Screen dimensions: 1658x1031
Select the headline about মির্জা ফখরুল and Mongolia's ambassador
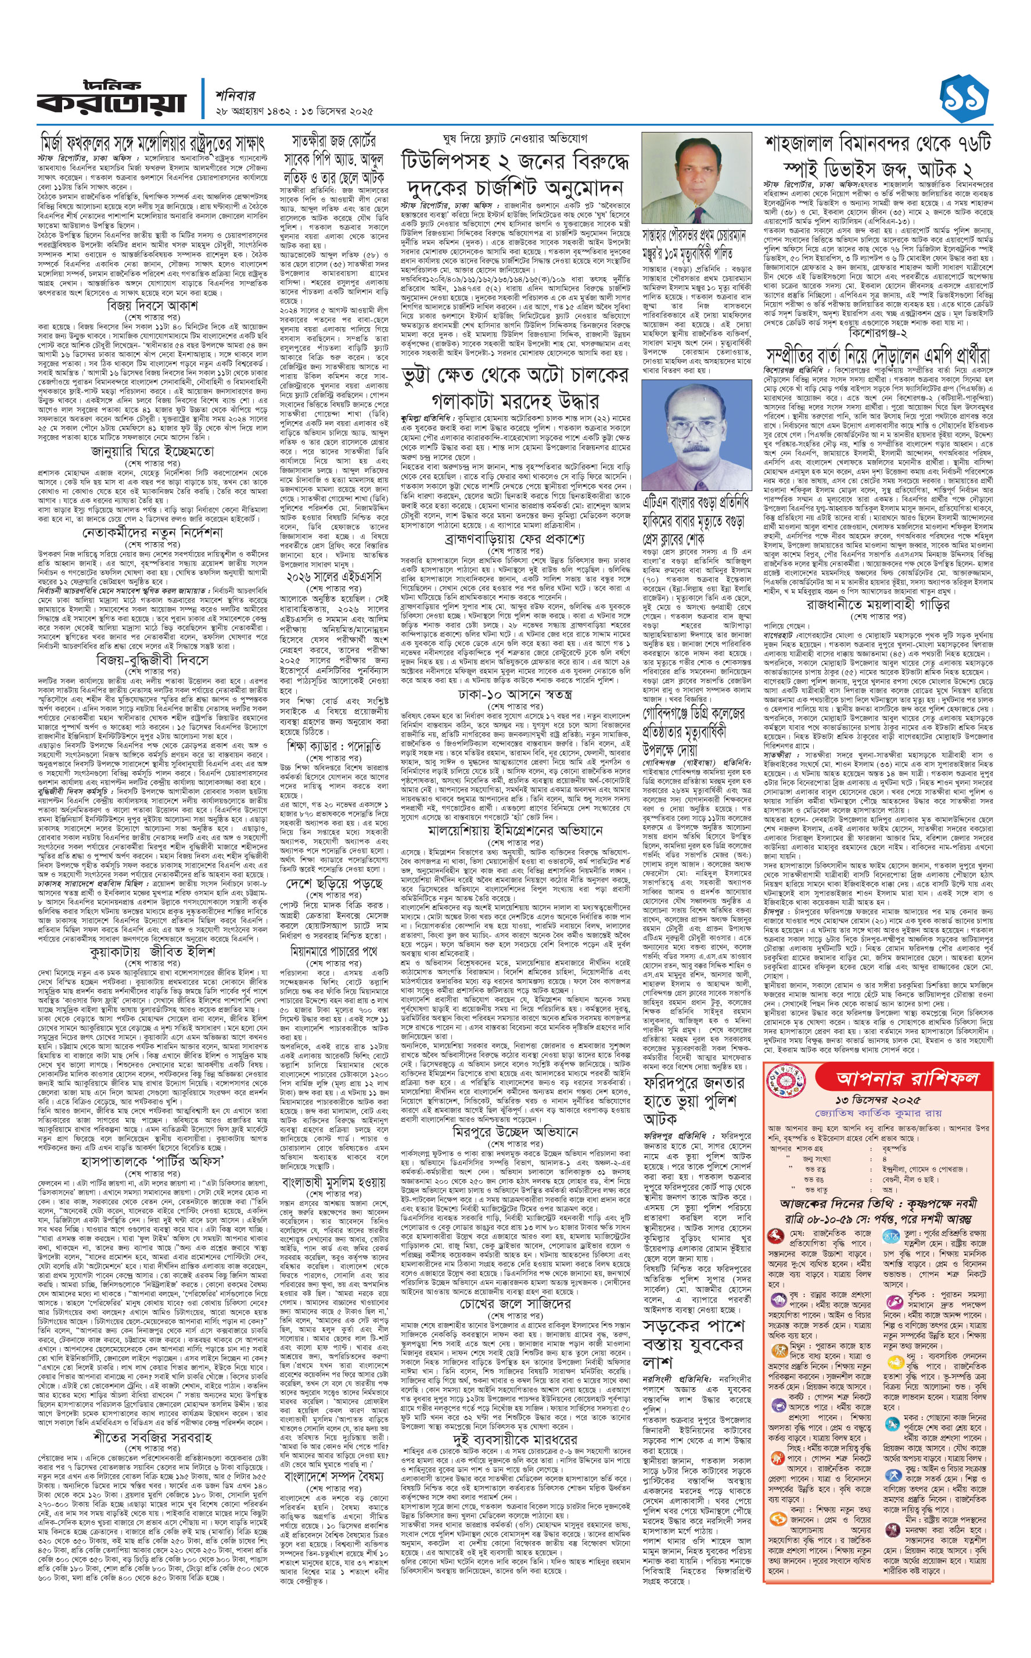click(150, 143)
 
